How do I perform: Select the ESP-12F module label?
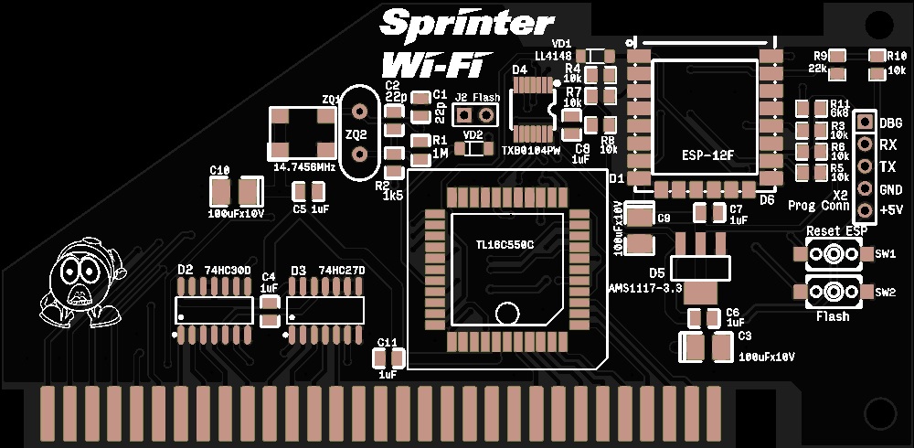[x=707, y=155]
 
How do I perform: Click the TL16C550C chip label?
[x=505, y=245]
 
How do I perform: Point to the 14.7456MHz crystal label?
[x=304, y=168]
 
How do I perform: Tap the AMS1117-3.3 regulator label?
[x=645, y=288]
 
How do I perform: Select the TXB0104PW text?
[x=531, y=150]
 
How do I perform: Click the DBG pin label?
[x=890, y=123]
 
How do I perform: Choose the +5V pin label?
[x=890, y=211]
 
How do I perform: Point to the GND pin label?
[x=890, y=189]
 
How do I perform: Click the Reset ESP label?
[x=836, y=231]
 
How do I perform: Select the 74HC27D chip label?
[x=342, y=271]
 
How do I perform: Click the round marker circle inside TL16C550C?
[x=507, y=313]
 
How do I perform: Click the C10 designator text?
[x=219, y=170]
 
